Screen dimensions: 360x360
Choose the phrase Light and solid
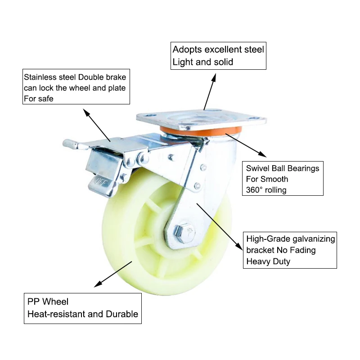coord(203,62)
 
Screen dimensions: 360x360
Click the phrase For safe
coord(38,99)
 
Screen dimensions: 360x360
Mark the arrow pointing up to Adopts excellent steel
coord(210,90)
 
